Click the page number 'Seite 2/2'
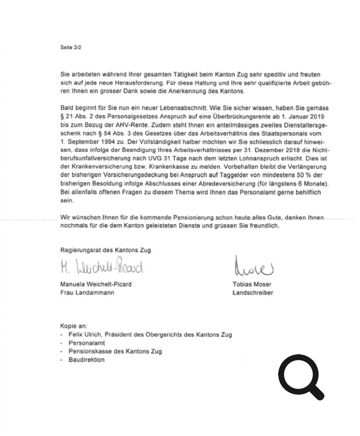pyautogui.click(x=70, y=47)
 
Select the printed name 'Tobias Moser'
pyautogui.click(x=252, y=284)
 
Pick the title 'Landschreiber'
pyautogui.click(x=253, y=292)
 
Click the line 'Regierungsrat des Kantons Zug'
pyautogui.click(x=105, y=250)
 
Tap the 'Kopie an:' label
pyautogui.click(x=74, y=326)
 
